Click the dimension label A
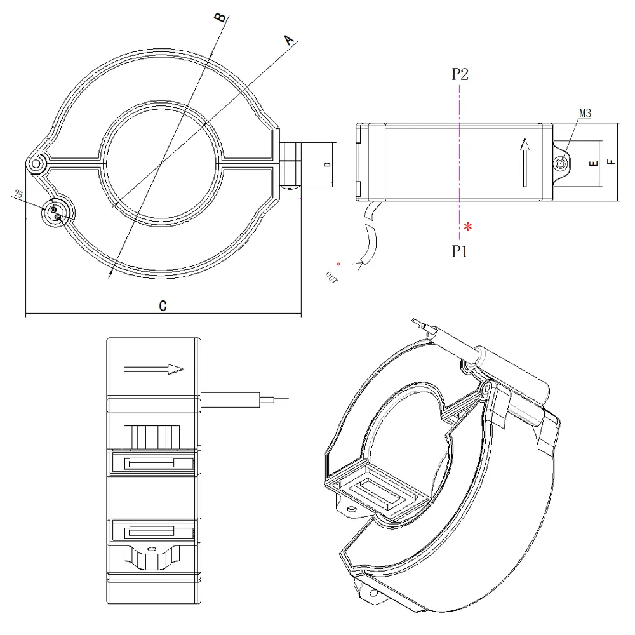click(x=290, y=40)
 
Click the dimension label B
click(x=220, y=17)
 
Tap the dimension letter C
click(x=163, y=306)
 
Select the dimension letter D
click(x=326, y=164)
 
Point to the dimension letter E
click(x=593, y=164)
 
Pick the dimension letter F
click(x=611, y=162)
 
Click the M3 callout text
click(x=585, y=114)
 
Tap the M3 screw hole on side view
click(x=561, y=164)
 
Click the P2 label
click(x=460, y=74)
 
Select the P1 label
click(x=460, y=252)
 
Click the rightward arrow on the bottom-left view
click(x=154, y=368)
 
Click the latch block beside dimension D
click(x=291, y=164)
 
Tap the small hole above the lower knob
click(x=151, y=547)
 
